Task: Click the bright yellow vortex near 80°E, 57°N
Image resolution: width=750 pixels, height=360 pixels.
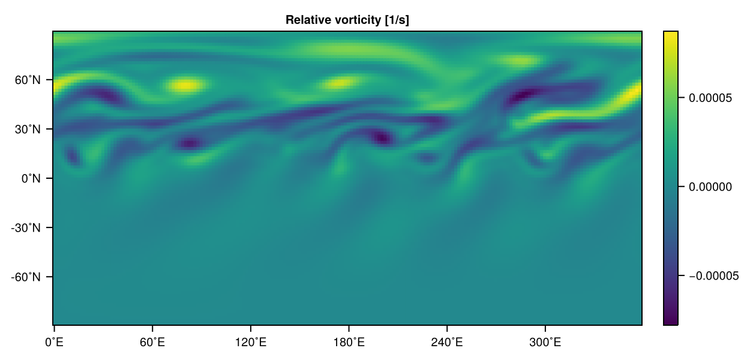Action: click(x=185, y=85)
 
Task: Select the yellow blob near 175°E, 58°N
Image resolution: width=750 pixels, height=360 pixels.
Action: click(x=341, y=83)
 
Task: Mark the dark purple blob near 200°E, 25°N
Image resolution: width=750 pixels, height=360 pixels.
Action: click(x=380, y=137)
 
